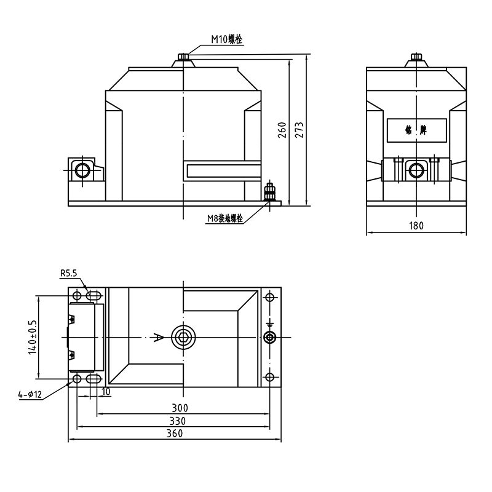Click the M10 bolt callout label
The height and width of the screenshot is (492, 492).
227,39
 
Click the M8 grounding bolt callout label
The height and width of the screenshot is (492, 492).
224,218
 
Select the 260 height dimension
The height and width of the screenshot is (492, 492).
282,130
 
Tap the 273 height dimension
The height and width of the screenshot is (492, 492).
300,130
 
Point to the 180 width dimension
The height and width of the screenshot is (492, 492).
416,226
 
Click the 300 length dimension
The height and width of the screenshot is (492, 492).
180,408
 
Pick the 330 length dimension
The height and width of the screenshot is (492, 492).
177,421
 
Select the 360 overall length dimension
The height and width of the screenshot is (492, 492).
175,434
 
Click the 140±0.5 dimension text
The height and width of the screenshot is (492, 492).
33,337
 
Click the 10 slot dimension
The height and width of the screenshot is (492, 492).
106,392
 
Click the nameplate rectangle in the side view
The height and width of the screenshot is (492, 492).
416,130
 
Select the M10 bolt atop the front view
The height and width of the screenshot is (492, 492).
183,57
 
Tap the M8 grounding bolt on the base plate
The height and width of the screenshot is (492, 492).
269,192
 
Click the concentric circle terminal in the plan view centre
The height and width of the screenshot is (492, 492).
183,337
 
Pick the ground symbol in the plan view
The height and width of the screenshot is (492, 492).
269,324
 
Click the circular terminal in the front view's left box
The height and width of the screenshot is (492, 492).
82,169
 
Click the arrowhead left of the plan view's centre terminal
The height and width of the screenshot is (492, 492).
159,337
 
